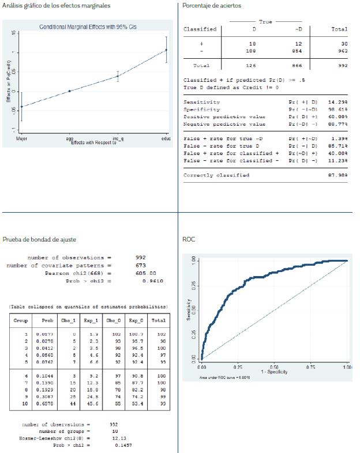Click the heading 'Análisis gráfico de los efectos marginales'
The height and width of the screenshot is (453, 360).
pos(57,6)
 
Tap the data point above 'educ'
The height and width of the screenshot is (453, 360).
pos(166,50)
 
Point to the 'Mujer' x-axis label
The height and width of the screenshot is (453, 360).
pos(21,139)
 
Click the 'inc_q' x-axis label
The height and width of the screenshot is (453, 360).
pos(118,139)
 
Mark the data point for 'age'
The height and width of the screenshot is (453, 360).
pos(70,91)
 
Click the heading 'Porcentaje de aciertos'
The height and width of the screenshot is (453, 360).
pos(212,6)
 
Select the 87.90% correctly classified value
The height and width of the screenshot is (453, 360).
pos(339,175)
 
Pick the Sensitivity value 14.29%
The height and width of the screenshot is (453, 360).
pos(339,102)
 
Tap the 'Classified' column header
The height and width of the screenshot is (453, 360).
pos(200,29)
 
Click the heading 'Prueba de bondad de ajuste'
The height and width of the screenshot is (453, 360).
pos(39,239)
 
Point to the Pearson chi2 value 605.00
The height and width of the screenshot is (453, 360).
pos(145,273)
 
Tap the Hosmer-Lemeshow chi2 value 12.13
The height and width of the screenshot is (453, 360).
pos(116,439)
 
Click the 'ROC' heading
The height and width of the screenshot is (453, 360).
pos(189,239)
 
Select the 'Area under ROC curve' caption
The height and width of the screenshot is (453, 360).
pos(226,377)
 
